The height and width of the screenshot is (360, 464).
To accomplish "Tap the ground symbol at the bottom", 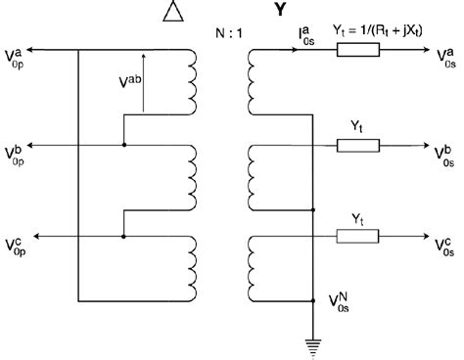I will click(x=312, y=343).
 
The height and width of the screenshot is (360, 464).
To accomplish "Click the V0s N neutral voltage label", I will click(x=339, y=300).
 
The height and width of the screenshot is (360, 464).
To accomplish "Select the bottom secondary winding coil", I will click(x=258, y=266).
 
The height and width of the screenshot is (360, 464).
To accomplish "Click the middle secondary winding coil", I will click(x=258, y=175).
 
